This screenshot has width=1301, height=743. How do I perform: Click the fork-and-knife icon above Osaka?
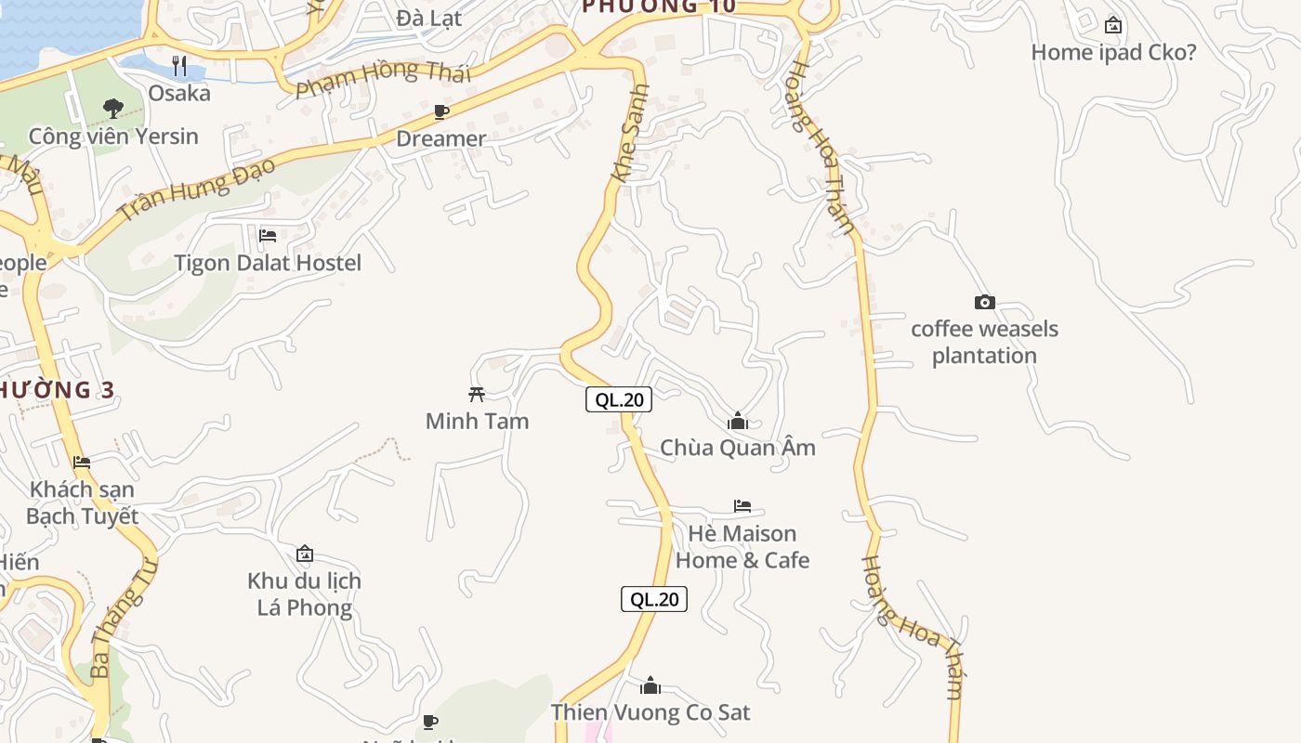point(179,66)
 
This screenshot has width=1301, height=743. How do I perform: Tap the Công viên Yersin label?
point(113,137)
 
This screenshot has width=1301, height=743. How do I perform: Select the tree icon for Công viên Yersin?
point(113,109)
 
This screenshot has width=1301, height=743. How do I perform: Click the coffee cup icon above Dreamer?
point(441,112)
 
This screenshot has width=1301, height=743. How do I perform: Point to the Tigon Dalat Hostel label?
point(268,263)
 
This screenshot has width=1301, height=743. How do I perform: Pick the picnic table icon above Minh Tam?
point(477,394)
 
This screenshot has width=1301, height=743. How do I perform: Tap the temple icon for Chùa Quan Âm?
point(738,421)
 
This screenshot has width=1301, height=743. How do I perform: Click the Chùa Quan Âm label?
point(738,448)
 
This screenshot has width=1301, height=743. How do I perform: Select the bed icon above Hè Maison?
point(742,506)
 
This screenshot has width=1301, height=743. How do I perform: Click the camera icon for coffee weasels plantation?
point(984,302)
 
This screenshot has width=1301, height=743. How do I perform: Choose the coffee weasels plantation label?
point(984,342)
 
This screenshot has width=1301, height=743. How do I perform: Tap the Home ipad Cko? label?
point(1113,52)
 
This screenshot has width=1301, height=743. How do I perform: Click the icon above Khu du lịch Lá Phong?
point(305,554)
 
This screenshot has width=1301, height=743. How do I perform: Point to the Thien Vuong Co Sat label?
point(650,712)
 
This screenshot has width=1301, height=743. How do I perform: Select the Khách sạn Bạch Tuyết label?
point(82,502)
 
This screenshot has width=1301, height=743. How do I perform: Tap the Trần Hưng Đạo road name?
point(197,189)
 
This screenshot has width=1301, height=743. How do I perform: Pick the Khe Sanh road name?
point(630,133)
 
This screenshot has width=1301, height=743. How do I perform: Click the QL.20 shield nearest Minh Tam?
point(619,400)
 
